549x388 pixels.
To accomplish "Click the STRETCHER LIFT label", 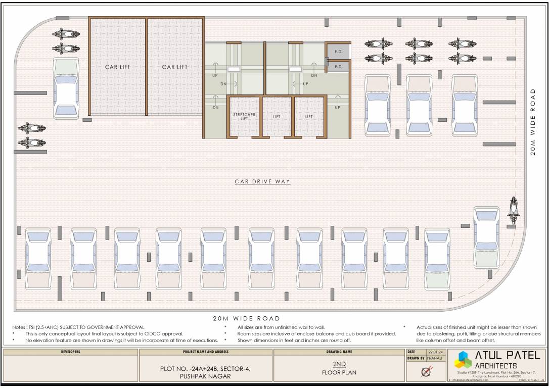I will pyautogui.click(x=244, y=117).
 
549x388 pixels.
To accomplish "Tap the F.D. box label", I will pyautogui.click(x=339, y=52).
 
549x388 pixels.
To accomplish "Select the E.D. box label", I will pyautogui.click(x=339, y=67).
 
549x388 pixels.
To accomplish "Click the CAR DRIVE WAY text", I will pyautogui.click(x=262, y=181).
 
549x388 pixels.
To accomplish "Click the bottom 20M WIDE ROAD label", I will pyautogui.click(x=247, y=319).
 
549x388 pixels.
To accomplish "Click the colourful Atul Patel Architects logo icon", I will pyautogui.click(x=463, y=360).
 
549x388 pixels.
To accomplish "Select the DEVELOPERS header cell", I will pyautogui.click(x=70, y=352).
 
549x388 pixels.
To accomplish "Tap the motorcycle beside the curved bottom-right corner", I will pyautogui.click(x=514, y=211).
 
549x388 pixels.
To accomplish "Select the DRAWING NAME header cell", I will pyautogui.click(x=339, y=352).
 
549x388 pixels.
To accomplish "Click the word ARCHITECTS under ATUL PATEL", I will pyautogui.click(x=496, y=365).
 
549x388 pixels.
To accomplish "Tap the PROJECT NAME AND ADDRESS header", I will pyautogui.click(x=205, y=352).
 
